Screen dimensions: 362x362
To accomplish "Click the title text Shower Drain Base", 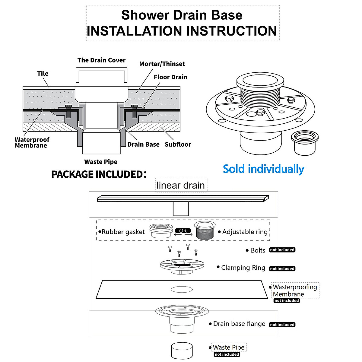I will (x=182, y=15).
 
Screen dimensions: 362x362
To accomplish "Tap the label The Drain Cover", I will (x=101, y=60).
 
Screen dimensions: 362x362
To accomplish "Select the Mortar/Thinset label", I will (x=162, y=64).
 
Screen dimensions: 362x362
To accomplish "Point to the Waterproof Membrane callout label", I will (x=32, y=142).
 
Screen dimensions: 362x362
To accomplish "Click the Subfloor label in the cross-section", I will (x=178, y=144).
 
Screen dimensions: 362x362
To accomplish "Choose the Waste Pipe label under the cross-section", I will (x=101, y=162).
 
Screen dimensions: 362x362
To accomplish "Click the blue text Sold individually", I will (x=263, y=169).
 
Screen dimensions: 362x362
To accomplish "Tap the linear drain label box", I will (x=181, y=185).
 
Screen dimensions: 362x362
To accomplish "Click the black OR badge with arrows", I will (x=183, y=231).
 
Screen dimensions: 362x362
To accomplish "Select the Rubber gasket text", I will (x=123, y=232).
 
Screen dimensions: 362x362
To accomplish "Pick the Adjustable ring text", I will (x=245, y=232).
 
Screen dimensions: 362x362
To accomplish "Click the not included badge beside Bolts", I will (x=282, y=250).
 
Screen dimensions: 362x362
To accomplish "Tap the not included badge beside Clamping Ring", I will (x=282, y=268).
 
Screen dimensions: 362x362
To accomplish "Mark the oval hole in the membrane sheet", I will (x=182, y=290).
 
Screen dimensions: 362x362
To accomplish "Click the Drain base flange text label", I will (x=239, y=324).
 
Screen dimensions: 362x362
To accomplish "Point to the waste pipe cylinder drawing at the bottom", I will (x=182, y=350).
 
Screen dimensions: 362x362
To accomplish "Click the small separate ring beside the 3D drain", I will (x=305, y=142).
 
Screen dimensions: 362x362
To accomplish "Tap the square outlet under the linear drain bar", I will (x=181, y=209).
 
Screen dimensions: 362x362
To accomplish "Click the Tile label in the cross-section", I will (x=43, y=73).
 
